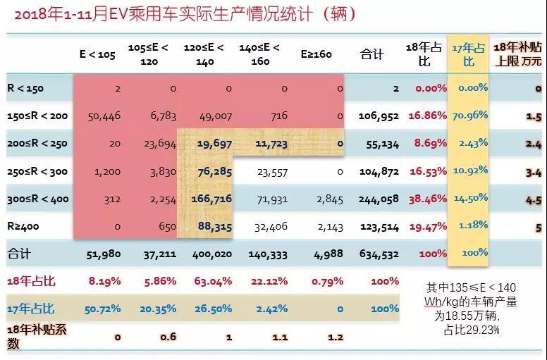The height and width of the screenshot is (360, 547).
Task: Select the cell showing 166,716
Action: pos(212,199)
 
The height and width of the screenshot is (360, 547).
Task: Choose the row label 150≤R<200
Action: pos(37,116)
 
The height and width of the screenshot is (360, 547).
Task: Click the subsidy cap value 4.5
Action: pos(532,199)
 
